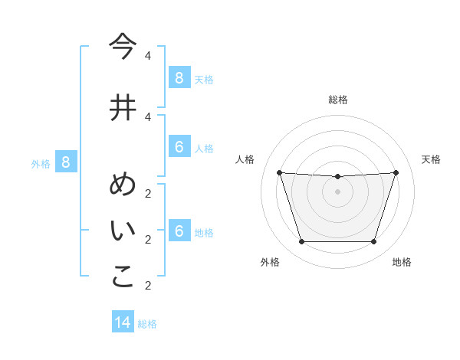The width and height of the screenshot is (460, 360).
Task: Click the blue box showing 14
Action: tap(123, 322)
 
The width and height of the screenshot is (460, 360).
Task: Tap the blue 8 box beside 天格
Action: tap(179, 77)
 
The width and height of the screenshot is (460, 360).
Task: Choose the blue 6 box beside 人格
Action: tap(179, 147)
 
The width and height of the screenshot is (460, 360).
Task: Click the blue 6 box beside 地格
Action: tap(179, 231)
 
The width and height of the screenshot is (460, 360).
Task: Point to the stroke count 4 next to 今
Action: tap(148, 56)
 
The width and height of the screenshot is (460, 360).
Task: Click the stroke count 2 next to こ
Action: tap(148, 286)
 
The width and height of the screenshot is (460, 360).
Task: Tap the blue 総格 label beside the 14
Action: tap(147, 323)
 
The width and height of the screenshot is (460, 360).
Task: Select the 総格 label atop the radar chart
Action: tap(338, 100)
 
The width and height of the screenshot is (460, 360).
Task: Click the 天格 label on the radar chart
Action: tap(431, 159)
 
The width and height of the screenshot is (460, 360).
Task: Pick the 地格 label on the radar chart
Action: tap(402, 262)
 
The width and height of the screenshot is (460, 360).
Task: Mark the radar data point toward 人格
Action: tap(280, 172)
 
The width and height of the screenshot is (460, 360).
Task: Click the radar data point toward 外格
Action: tap(301, 242)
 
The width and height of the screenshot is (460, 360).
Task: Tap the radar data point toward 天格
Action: tap(396, 172)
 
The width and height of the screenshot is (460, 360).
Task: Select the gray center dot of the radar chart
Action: tap(337, 191)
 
